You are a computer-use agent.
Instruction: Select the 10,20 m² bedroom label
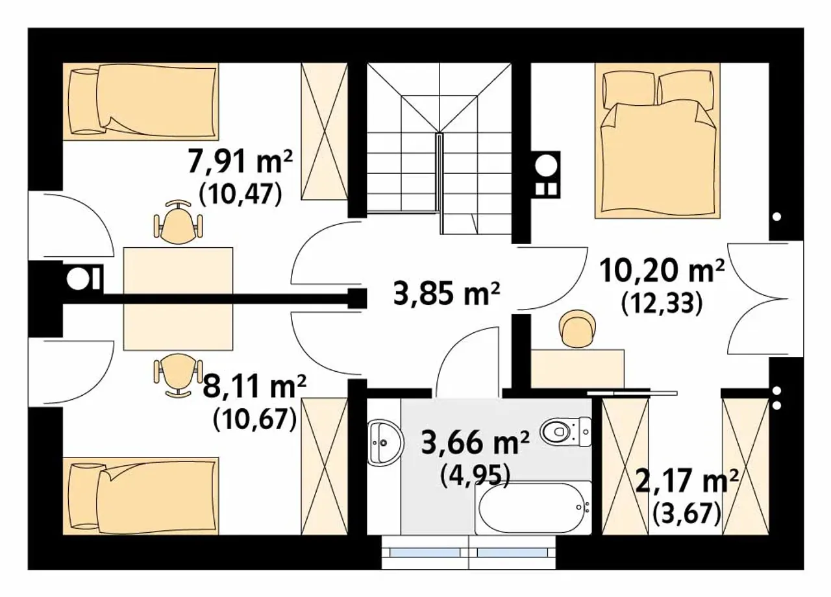pos(662,271)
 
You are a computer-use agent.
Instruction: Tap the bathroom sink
pos(386,443)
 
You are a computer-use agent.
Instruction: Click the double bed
pos(658,141)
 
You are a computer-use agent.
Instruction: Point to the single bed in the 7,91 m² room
pos(141,102)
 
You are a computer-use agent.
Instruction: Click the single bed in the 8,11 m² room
pos(141,496)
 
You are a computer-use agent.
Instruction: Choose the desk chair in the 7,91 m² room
pos(179,222)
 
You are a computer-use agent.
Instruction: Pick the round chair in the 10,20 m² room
pos(578,328)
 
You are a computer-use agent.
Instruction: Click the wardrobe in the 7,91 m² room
pos(325,131)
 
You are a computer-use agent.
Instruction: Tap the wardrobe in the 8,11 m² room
pos(325,467)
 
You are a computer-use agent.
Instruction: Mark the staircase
pos(440,149)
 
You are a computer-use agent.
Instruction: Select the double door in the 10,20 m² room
pos(758,298)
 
